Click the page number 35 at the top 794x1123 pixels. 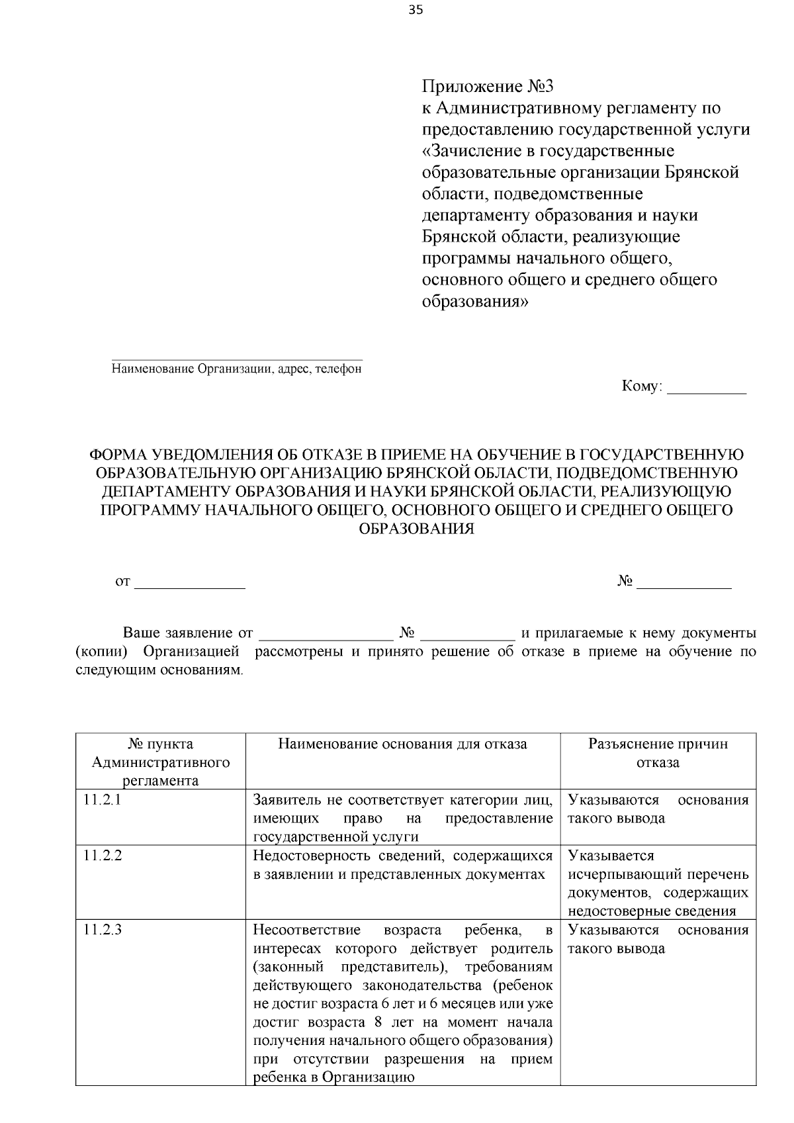[416, 10]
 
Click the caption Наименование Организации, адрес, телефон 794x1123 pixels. [237, 369]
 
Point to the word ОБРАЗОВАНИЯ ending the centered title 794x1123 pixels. [416, 529]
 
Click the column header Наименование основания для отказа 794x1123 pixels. [402, 744]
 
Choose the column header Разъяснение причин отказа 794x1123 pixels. [658, 753]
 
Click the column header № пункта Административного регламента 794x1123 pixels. [161, 762]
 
